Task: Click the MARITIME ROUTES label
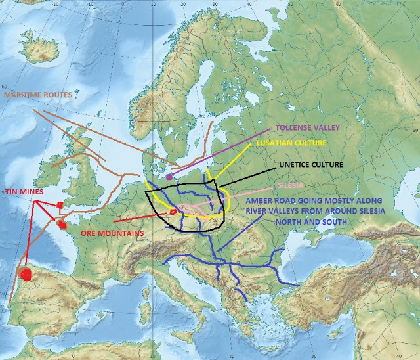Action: pyautogui.click(x=37, y=95)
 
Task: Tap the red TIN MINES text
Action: pyautogui.click(x=24, y=191)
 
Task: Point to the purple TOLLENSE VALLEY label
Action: pyautogui.click(x=304, y=127)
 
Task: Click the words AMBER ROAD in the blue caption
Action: pyautogui.click(x=269, y=201)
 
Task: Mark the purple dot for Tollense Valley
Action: pyautogui.click(x=170, y=177)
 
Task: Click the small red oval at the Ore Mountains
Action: pyautogui.click(x=174, y=212)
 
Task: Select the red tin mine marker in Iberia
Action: pyautogui.click(x=26, y=273)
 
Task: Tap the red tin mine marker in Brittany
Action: pyautogui.click(x=63, y=225)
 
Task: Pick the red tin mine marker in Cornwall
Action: pyautogui.click(x=60, y=205)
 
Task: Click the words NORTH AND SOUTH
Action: pyautogui.click(x=284, y=222)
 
